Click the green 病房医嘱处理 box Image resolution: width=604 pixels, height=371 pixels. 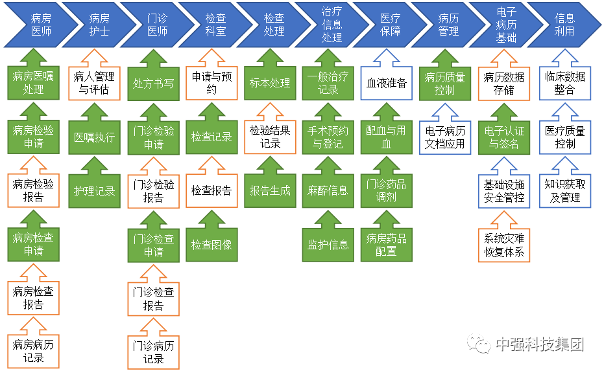(34, 83)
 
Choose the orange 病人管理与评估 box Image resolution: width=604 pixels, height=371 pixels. (95, 84)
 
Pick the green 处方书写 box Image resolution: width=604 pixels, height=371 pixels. (153, 84)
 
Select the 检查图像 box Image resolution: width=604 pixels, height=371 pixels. (211, 245)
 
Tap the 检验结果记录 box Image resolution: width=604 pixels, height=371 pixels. (271, 137)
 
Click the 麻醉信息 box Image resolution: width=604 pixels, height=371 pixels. (328, 191)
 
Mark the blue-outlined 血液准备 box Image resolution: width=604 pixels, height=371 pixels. (387, 84)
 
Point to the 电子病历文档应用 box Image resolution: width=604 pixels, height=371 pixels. (445, 137)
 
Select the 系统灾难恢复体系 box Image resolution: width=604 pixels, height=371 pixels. (504, 245)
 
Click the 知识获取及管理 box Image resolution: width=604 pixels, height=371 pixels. (564, 191)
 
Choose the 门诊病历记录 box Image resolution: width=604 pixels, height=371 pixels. (153, 351)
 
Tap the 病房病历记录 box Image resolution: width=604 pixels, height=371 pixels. (34, 351)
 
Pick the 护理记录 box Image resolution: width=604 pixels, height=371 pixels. (95, 191)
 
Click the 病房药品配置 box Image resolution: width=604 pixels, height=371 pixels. (387, 245)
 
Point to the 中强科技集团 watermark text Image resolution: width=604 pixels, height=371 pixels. (539, 344)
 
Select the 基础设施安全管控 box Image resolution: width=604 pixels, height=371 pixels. (504, 191)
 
